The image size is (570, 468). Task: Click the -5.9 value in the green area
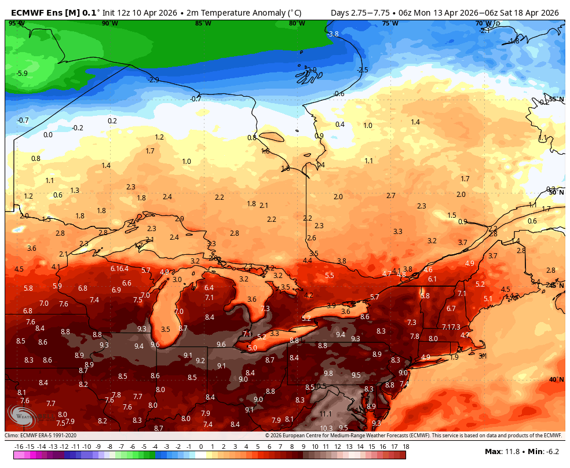(x=22, y=74)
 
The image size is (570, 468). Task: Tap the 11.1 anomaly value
(x=326, y=414)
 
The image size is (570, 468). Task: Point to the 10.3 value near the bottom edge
(x=326, y=428)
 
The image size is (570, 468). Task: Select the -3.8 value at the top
(x=332, y=34)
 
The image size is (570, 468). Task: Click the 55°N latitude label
(x=556, y=100)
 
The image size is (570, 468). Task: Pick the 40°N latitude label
(x=556, y=380)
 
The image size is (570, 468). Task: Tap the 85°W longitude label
(x=203, y=23)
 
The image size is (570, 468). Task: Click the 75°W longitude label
(x=390, y=23)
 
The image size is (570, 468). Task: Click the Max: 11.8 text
(x=502, y=451)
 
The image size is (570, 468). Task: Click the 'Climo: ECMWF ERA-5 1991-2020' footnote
(x=41, y=436)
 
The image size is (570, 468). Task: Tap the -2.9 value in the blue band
(x=154, y=79)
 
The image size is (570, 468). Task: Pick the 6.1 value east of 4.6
(x=432, y=279)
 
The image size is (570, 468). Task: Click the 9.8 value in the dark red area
(x=328, y=374)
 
